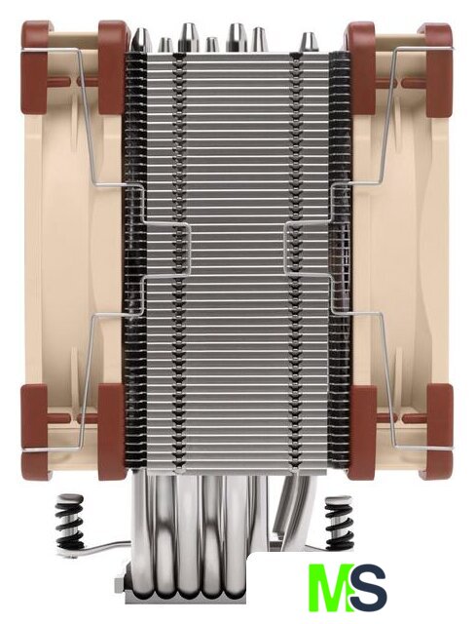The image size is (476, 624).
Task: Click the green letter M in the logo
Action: click(x=330, y=587)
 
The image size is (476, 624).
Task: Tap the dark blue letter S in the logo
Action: click(x=366, y=587)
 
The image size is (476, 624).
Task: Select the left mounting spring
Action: click(x=70, y=522)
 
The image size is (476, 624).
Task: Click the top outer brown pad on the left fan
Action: click(x=37, y=67)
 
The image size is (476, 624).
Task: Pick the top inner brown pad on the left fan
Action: click(x=113, y=67)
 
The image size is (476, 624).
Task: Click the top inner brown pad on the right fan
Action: click(x=361, y=67)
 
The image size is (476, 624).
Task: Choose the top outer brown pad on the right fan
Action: click(x=438, y=70)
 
